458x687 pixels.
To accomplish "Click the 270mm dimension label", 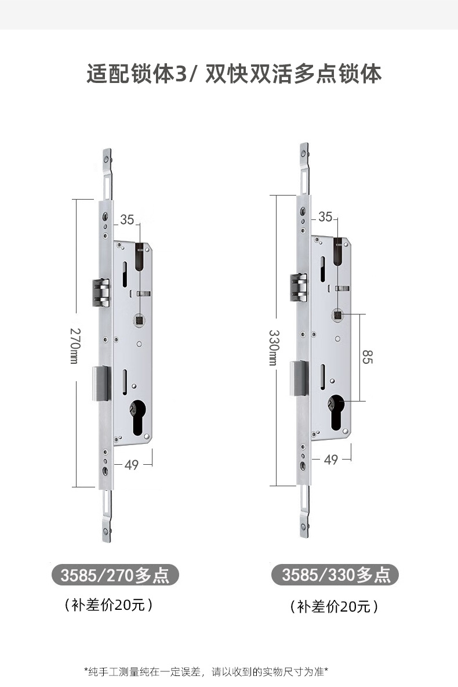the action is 74,346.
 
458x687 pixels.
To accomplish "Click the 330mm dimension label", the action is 273,348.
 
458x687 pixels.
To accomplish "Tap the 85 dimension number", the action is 367,357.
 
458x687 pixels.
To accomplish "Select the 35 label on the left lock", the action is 127,219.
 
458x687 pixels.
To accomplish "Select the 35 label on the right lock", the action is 325,216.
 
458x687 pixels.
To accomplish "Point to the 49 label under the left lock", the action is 132,464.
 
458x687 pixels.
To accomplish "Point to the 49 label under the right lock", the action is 330,460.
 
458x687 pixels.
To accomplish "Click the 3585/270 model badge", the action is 115,575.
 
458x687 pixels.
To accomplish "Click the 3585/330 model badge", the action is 335,574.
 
